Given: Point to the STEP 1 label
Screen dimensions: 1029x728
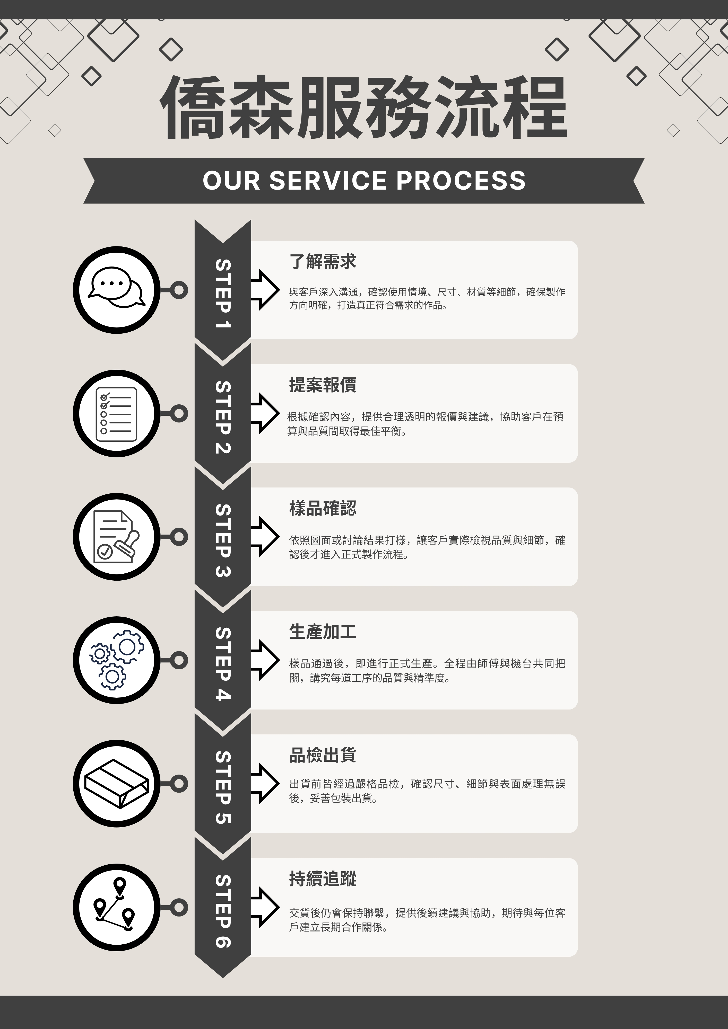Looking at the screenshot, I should tap(223, 294).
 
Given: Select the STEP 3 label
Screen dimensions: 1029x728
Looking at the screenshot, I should tap(223, 540).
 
